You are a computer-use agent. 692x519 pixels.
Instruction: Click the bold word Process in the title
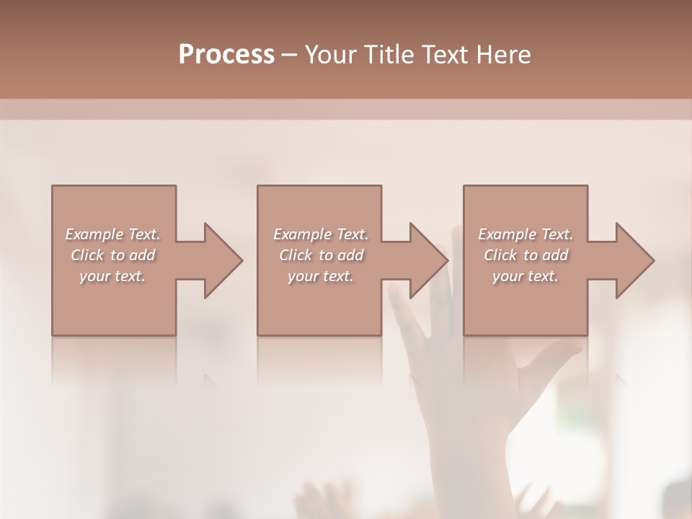tap(226, 55)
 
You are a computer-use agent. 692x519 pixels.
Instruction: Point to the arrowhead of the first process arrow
tap(223, 260)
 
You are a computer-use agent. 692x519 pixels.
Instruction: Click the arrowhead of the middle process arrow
tap(429, 260)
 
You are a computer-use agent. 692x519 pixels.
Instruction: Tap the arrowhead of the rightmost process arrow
tap(634, 260)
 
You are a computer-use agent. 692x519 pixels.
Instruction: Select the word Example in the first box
tap(94, 234)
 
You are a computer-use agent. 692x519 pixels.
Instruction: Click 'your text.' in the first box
tap(112, 276)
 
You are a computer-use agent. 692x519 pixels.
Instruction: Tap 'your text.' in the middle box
tap(320, 276)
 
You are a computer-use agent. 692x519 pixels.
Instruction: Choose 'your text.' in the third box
tap(525, 276)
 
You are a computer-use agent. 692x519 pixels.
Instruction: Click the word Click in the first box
tap(87, 255)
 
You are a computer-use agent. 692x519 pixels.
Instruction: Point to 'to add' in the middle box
tap(341, 255)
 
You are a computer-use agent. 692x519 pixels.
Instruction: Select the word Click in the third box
tap(501, 255)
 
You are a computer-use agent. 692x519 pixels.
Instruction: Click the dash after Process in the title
tap(289, 55)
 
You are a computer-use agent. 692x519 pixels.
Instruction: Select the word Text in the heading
tap(443, 55)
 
